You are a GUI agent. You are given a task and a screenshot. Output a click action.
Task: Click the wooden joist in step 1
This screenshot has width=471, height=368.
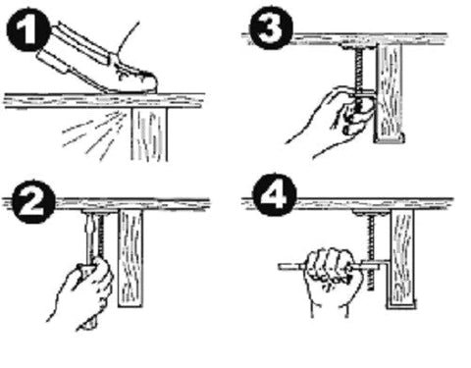click(153, 131)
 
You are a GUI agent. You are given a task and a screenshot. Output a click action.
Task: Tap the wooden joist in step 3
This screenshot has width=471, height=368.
click(392, 93)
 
